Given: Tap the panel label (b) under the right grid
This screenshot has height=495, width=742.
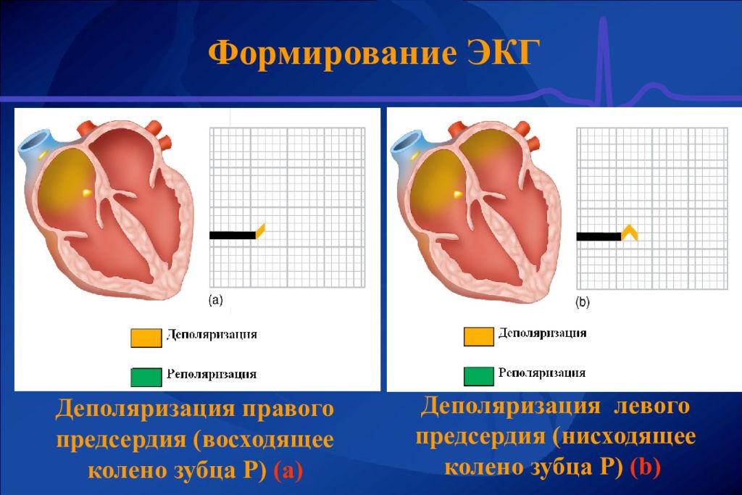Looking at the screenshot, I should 583,304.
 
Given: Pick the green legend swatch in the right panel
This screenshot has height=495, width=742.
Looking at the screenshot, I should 478,375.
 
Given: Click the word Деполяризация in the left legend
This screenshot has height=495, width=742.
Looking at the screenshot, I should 212,335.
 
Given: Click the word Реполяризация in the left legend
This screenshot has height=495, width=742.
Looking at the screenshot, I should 212,375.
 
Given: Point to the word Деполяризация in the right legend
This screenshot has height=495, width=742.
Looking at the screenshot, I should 542,333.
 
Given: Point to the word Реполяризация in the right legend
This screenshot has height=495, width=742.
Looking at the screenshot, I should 542,373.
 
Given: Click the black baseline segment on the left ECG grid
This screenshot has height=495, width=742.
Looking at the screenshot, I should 232,235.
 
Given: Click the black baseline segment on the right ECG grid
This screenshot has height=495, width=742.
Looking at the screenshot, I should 599,236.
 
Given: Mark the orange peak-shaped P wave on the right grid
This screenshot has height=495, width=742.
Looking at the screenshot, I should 630,231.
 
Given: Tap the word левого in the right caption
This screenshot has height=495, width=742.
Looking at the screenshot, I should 651,405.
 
